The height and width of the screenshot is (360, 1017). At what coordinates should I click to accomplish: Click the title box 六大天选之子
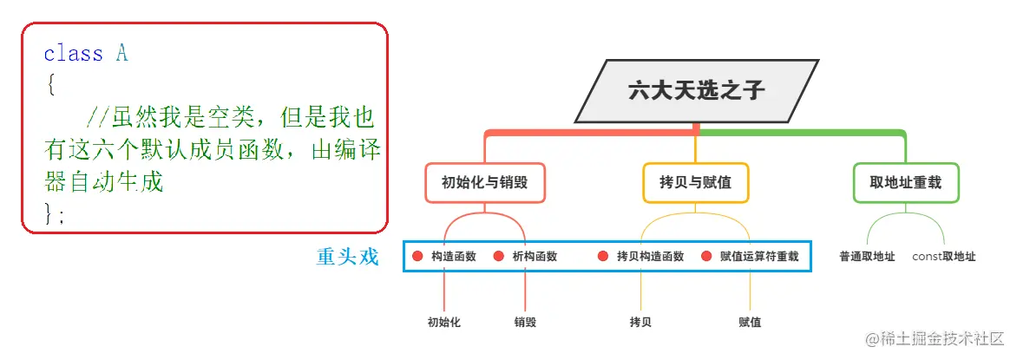pos(697,90)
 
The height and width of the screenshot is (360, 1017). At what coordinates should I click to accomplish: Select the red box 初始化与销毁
pos(485,183)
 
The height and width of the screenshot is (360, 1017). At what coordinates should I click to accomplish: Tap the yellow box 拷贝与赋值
pos(695,183)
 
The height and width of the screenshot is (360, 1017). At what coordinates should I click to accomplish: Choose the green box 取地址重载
pos(905,183)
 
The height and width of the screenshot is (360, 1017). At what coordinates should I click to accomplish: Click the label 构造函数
pos(454,257)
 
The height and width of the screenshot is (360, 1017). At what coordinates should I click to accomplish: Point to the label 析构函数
pos(535,257)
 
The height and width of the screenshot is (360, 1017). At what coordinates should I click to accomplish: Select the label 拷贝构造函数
pos(650,257)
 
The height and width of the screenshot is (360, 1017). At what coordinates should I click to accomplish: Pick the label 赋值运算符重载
pos(759,257)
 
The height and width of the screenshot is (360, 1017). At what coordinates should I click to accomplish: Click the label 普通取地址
pos(867,257)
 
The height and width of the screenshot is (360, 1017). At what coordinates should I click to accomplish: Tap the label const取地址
pos(944,257)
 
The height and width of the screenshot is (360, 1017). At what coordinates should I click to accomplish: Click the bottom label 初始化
pos(443,323)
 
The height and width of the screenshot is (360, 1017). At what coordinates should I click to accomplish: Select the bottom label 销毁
pos(525,323)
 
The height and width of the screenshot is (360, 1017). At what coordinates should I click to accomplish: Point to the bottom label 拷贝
pos(640,323)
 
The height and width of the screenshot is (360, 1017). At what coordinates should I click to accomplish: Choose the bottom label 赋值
pos(750,323)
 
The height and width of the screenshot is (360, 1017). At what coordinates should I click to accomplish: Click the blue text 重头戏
pos(348,257)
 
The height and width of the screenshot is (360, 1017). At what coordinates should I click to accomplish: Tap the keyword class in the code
pos(73,54)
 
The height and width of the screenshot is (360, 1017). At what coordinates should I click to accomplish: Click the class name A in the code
pos(122,54)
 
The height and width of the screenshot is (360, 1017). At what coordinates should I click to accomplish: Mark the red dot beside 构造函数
pos(417,257)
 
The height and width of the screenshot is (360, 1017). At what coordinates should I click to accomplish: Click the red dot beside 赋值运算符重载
pos(706,257)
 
